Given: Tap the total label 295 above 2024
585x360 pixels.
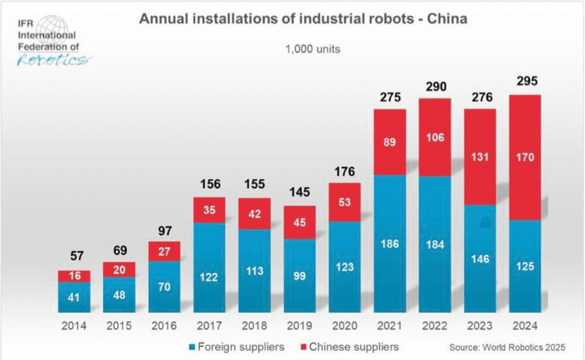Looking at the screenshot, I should click(527, 81).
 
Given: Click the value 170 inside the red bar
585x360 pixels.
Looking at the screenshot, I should click(525, 157).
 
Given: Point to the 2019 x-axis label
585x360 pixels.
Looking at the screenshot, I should click(300, 326).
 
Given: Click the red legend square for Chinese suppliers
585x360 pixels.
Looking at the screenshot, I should click(303, 347).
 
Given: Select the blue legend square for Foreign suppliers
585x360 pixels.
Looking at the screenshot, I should click(192, 347).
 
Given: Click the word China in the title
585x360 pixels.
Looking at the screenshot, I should click(447, 19).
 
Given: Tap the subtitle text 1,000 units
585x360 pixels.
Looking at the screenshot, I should click(313, 49).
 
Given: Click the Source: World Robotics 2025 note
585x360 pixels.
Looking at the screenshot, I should click(507, 347).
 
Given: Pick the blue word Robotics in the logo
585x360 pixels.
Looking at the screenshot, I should click(52, 61).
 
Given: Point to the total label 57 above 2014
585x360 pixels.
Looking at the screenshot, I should click(77, 256).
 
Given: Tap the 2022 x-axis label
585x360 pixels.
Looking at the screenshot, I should click(435, 326).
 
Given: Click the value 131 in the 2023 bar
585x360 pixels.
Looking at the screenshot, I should click(480, 157).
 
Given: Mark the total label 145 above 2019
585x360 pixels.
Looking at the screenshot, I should click(300, 192).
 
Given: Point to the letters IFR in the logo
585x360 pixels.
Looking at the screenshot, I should click(25, 24).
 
